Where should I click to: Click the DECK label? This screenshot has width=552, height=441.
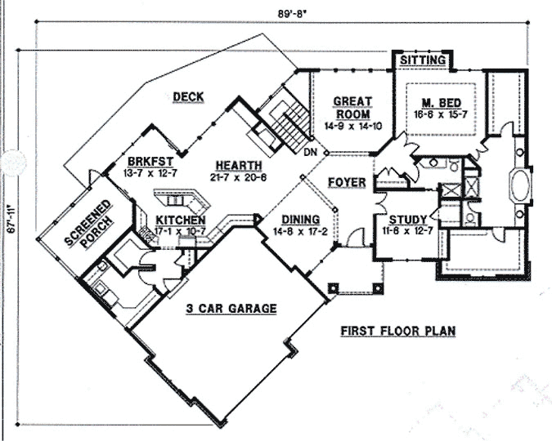(x=188, y=98)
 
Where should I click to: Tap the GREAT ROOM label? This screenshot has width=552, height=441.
(x=352, y=108)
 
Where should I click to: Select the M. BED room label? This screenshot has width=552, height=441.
(x=438, y=103)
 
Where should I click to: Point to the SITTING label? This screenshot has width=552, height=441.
(x=422, y=61)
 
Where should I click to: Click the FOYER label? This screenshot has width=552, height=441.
(x=347, y=182)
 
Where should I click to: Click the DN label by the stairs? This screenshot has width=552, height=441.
(x=310, y=153)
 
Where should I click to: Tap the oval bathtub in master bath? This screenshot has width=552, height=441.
(x=520, y=185)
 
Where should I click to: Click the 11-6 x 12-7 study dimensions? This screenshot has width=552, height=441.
(x=402, y=232)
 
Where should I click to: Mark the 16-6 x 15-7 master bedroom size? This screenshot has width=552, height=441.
(x=438, y=115)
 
